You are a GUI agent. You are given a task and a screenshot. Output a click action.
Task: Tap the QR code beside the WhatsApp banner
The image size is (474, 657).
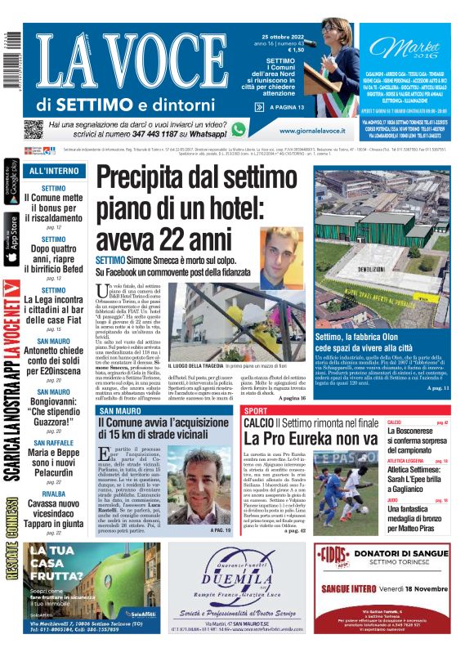[x=33, y=129]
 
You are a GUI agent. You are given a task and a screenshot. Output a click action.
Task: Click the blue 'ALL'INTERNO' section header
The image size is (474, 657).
[x=54, y=171]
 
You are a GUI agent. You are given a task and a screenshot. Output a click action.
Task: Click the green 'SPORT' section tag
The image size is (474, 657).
[x=257, y=410]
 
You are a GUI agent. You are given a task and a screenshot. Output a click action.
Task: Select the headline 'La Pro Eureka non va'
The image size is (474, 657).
[x=311, y=438]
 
